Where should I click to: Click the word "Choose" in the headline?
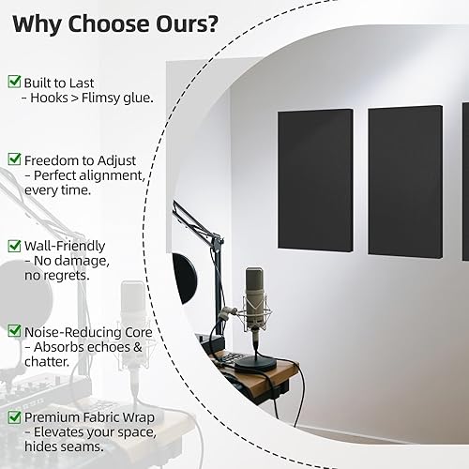click(x=138, y=22)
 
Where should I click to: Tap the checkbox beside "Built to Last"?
click(x=14, y=82)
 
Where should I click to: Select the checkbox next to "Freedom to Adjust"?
click(x=14, y=160)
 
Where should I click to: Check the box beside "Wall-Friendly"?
click(x=14, y=245)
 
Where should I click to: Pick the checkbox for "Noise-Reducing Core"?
click(x=14, y=330)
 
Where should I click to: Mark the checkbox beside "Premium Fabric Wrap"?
click(x=14, y=416)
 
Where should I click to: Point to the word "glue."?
click(x=131, y=98)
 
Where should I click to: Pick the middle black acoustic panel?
click(x=403, y=180)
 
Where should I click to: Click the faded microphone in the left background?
click(x=133, y=310)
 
